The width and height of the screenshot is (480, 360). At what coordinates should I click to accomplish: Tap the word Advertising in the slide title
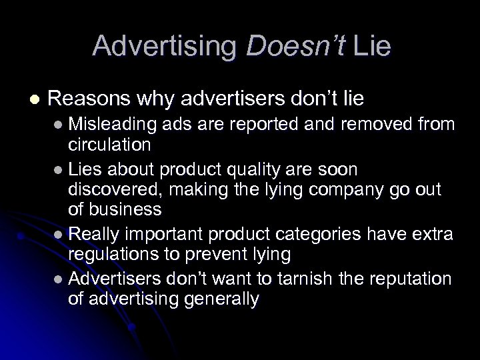pos(167,45)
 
